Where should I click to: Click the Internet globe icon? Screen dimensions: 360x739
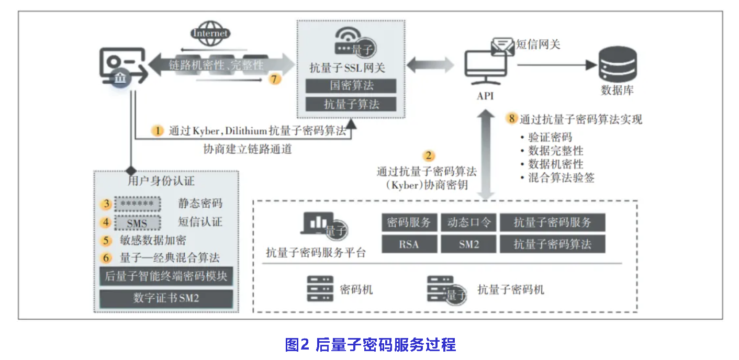pos(210,33)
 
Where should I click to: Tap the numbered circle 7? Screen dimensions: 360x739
pos(275,79)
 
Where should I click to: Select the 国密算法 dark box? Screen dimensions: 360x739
pos(351,85)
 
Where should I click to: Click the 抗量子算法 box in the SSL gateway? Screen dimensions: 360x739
pos(351,104)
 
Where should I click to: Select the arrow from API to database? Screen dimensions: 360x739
pos(557,65)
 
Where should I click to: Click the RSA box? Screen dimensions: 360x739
pos(409,244)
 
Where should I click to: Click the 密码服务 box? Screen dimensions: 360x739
pos(409,222)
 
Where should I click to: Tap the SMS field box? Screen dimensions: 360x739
pos(137,223)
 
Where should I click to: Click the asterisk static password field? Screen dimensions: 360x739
pos(137,204)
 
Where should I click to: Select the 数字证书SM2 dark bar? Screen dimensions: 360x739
pos(166,298)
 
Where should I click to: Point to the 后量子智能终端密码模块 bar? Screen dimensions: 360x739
pos(166,276)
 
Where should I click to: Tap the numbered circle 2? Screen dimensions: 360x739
pos(429,155)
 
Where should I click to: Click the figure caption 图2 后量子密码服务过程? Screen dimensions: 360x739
pos(370,345)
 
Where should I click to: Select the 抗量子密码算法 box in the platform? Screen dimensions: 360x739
pos(552,244)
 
